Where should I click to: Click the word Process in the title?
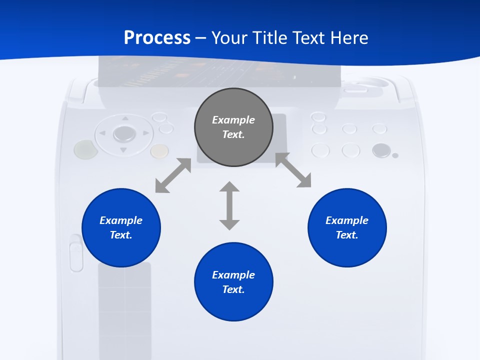click(157, 38)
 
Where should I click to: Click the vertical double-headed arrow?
click(229, 205)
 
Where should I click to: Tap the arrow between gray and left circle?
click(173, 175)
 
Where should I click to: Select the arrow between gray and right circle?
click(293, 170)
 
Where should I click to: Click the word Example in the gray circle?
click(233, 120)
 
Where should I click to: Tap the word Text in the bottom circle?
click(233, 289)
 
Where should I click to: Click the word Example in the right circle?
click(347, 220)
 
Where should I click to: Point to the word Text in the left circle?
click(121, 235)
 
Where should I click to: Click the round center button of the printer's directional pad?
click(124, 133)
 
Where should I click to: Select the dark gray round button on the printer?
click(381, 150)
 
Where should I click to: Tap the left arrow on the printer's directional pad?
click(102, 133)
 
